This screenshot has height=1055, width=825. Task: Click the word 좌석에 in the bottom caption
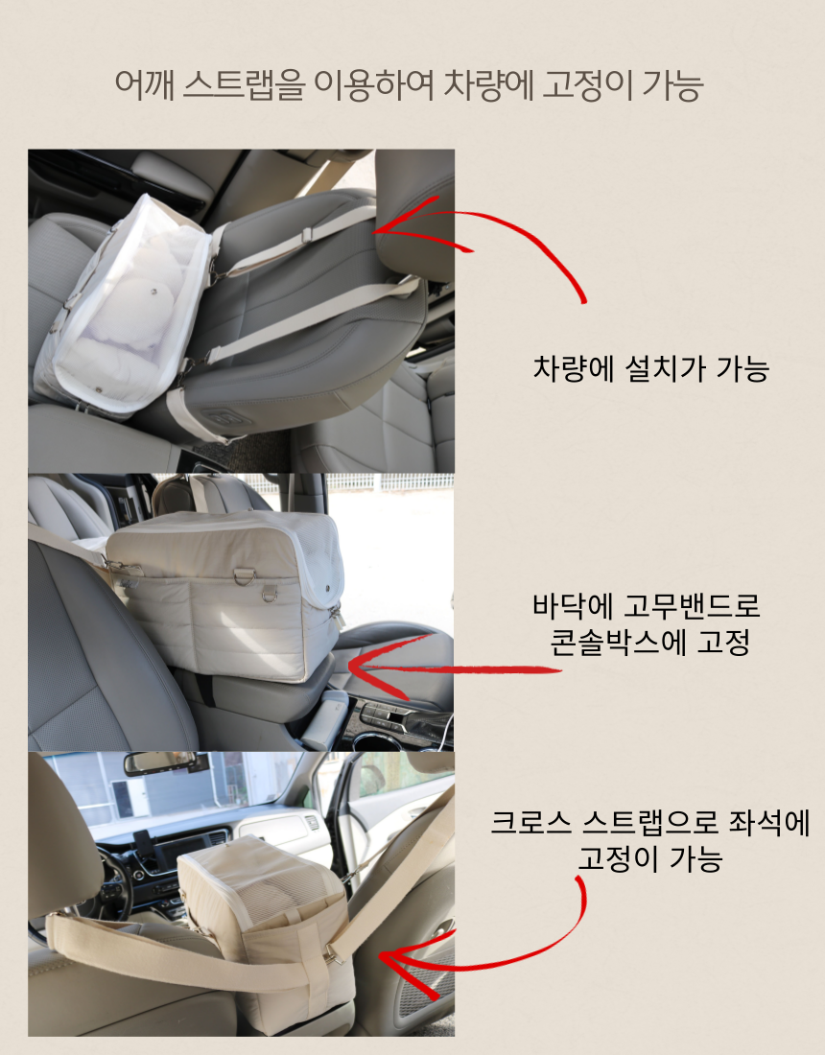point(769,822)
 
